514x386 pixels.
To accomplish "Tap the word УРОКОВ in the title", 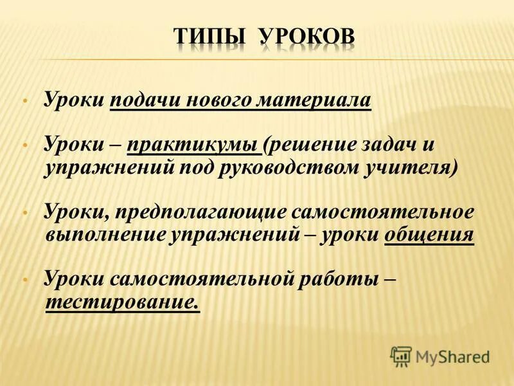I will tap(306, 38).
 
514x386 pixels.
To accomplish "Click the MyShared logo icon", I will tap(400, 356).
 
